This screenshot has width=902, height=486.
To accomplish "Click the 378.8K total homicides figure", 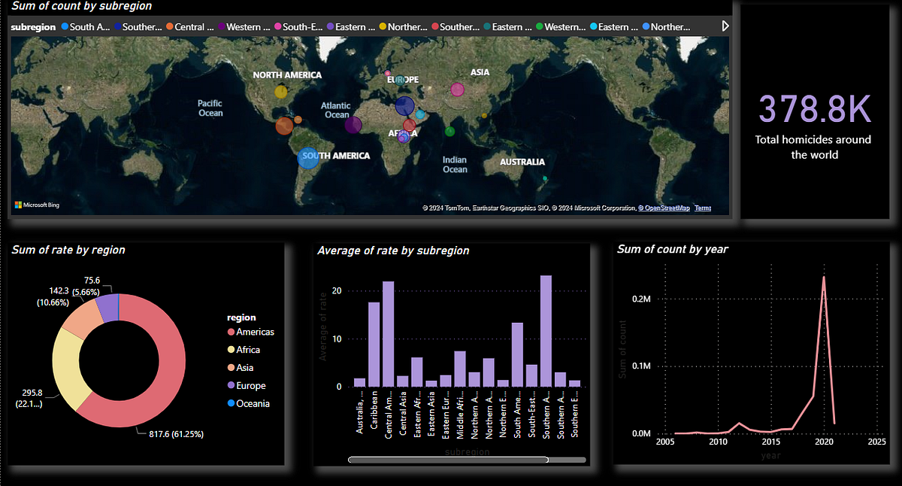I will pos(814,110).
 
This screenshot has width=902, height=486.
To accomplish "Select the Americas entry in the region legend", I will pos(255,332).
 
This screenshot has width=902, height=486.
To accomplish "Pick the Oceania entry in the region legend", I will pos(253,403).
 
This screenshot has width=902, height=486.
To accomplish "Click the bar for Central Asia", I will pos(403,381).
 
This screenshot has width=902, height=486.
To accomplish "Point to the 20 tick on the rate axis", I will pos(337,290).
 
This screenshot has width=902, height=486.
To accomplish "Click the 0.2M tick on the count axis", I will pos(641,299).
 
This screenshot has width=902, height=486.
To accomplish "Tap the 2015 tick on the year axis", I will pos(771,443).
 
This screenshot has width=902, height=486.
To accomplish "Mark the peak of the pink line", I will pos(824,277).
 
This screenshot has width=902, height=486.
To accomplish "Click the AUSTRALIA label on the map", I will pos(522,162).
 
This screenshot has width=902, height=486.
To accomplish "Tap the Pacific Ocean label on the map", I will pos(210,108).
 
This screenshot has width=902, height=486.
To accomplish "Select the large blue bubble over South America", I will pos(308,158).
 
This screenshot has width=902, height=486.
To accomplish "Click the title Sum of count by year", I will pos(672,249).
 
